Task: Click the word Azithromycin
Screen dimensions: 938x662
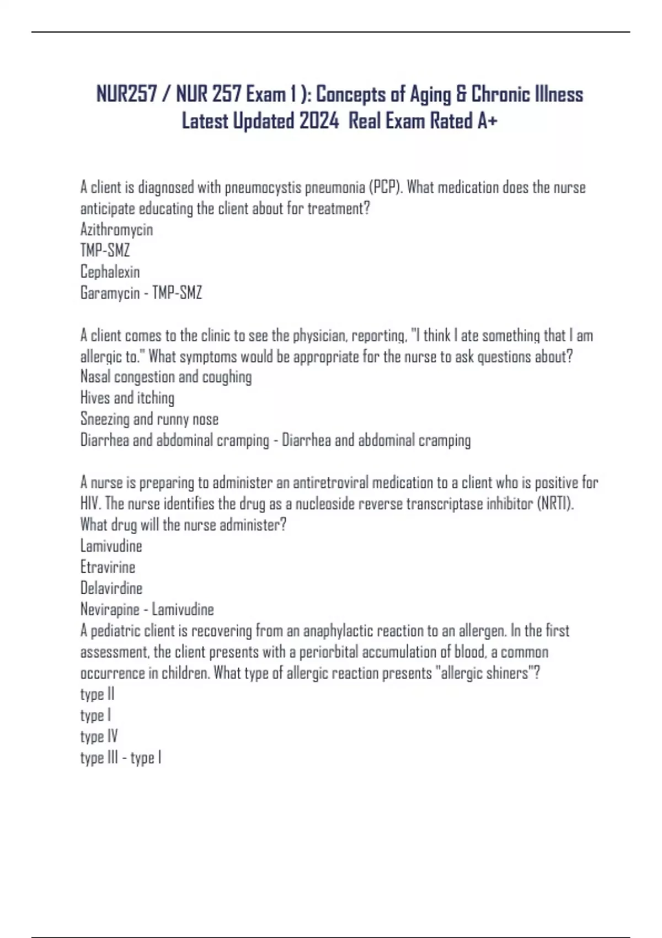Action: [116, 230]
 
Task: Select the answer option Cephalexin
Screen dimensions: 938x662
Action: [110, 271]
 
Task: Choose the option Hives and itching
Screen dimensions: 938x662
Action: [127, 398]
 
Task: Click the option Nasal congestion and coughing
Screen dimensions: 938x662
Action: [166, 377]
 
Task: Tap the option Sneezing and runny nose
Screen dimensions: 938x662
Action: [150, 419]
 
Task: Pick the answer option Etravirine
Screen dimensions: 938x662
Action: [108, 567]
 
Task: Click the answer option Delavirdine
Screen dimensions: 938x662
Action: [111, 588]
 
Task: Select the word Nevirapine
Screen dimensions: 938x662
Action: [110, 610]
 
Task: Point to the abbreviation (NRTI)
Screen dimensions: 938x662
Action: [555, 504]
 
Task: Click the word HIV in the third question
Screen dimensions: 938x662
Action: [90, 504]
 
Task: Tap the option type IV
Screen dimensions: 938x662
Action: [99, 737]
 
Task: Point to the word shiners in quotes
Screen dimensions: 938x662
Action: [507, 673]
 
